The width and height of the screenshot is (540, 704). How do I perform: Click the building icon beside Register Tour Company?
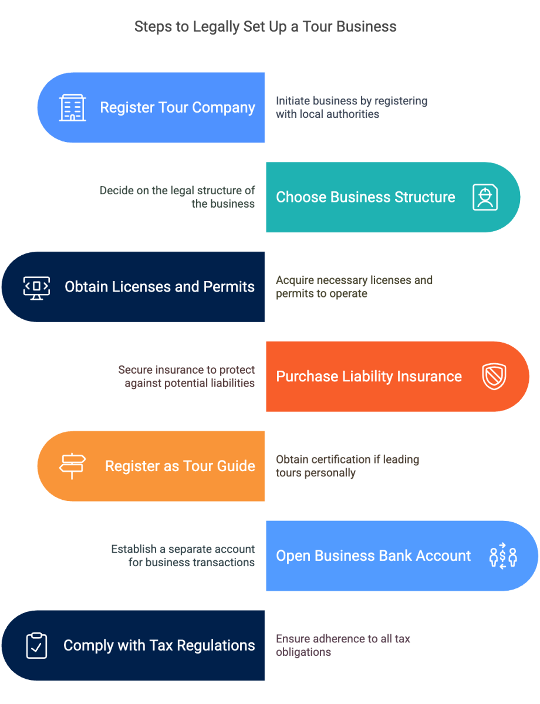(72, 108)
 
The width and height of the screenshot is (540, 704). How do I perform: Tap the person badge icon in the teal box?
(485, 197)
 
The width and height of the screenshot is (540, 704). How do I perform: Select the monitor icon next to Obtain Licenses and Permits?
(36, 287)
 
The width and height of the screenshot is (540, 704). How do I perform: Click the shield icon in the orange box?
(494, 376)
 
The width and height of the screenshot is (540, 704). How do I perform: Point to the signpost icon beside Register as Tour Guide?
(72, 466)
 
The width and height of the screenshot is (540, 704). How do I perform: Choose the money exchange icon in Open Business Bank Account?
(502, 556)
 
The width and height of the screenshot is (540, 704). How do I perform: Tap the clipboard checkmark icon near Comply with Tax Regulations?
(36, 645)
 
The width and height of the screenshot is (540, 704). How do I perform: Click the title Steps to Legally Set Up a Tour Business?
(265, 26)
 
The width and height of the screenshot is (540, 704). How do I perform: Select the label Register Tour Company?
(177, 108)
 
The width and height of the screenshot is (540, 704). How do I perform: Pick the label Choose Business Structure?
(365, 197)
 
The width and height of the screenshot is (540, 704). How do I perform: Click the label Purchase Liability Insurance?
(369, 376)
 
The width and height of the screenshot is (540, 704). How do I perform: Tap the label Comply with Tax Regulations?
(159, 645)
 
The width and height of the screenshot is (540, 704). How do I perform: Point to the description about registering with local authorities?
(351, 107)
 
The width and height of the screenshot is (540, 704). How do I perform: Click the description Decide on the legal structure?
(177, 197)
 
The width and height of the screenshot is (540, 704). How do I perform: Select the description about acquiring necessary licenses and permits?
(353, 286)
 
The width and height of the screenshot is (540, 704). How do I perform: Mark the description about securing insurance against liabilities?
(187, 376)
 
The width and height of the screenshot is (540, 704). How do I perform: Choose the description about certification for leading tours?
(347, 466)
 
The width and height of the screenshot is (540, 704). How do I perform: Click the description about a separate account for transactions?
(183, 556)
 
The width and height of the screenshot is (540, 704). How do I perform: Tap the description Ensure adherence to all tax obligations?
(343, 645)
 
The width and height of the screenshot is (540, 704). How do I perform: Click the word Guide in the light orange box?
(234, 466)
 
